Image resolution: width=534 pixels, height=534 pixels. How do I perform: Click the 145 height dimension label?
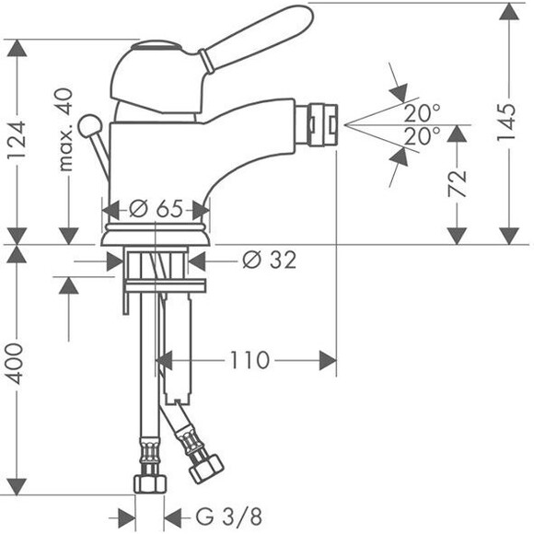506,122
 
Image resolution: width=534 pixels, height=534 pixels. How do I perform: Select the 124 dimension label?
17,140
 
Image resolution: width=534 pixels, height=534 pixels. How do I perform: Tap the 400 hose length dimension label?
15,364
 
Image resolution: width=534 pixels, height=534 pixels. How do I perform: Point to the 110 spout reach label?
250,360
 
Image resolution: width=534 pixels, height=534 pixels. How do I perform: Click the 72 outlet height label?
457,184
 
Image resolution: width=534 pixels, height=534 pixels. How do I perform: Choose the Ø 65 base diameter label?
156,208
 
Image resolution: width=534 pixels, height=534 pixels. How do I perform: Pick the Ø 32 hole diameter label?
270,261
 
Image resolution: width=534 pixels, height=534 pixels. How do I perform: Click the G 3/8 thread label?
229,517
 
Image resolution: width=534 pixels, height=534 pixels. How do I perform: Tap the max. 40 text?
65,130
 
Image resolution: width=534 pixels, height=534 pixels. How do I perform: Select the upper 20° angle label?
423,113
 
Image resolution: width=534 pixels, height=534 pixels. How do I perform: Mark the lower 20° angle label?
423,136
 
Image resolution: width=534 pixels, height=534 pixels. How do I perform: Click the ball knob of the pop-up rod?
90,127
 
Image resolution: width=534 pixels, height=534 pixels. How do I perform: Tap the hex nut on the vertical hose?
150,483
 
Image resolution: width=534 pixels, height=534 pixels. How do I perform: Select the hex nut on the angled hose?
206,470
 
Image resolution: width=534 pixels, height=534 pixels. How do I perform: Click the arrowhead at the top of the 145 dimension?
509,12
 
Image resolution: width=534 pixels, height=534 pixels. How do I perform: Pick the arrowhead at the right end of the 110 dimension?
328,360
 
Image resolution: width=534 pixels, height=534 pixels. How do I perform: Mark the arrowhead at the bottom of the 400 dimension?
17,486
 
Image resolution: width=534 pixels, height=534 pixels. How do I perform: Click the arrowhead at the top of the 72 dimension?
457,133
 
